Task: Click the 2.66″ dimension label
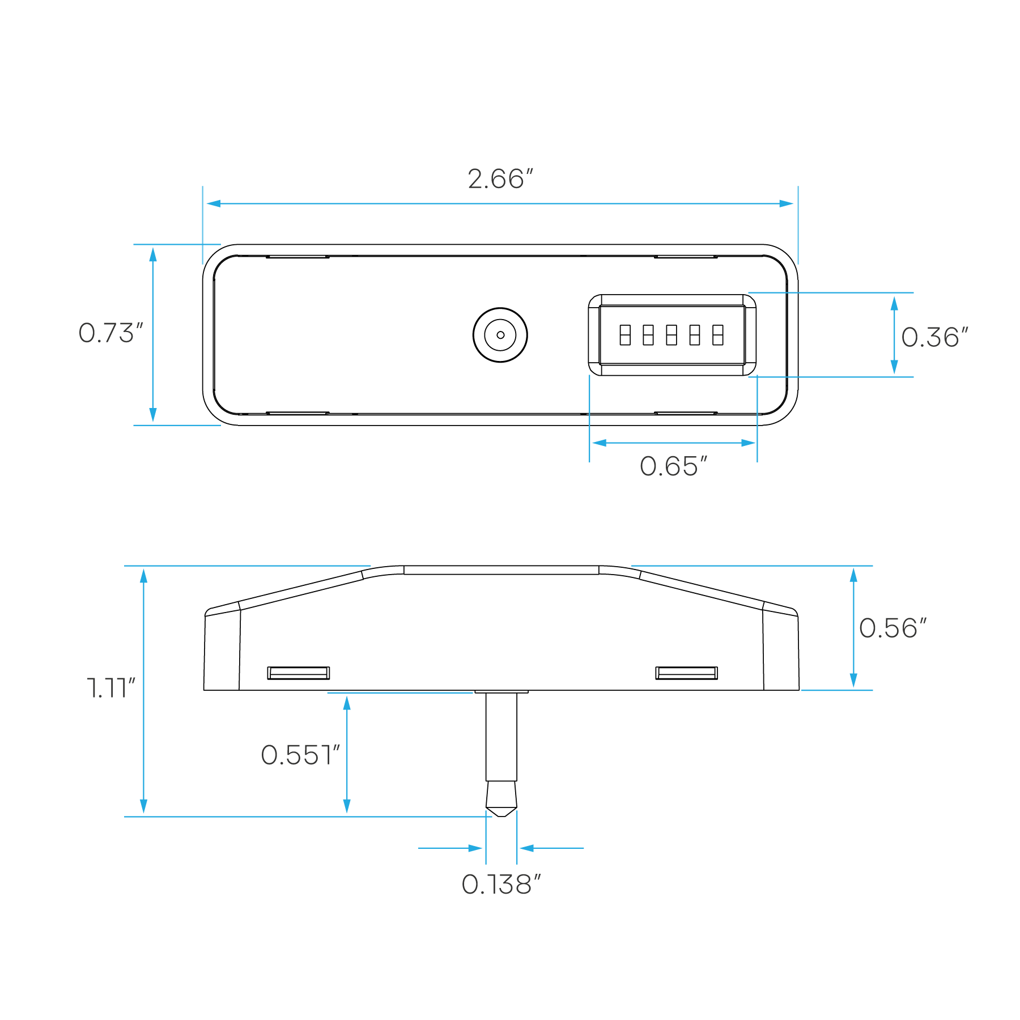tap(501, 179)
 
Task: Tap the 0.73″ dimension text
tap(111, 333)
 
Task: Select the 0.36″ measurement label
tap(934, 338)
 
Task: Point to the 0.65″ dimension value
tap(673, 467)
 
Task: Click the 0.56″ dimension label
tap(892, 628)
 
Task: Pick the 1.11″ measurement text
tap(111, 688)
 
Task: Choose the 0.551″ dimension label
tap(300, 755)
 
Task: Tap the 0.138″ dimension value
tap(501, 885)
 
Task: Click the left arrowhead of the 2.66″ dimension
tap(212, 203)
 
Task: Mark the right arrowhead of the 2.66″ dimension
tap(787, 203)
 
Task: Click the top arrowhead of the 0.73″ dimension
tap(153, 254)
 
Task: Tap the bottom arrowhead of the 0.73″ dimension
tap(153, 415)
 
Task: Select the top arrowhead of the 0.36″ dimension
tap(894, 303)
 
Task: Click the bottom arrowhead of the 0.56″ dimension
tap(853, 681)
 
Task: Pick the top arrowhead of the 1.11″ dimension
tap(144, 576)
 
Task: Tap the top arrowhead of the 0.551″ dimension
tap(347, 703)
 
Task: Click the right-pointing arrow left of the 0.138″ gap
tap(476, 848)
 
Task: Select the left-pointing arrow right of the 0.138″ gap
tap(526, 848)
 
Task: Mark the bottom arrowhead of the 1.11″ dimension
tap(144, 806)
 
